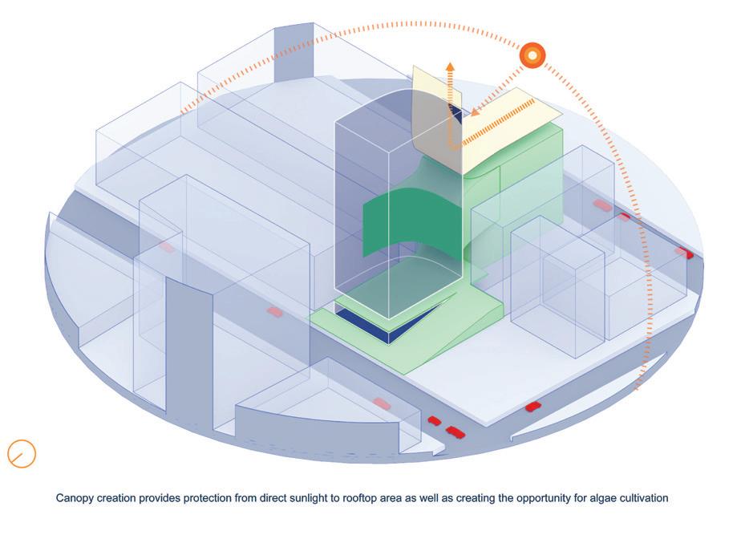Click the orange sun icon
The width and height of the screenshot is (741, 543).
pyautogui.click(x=532, y=55)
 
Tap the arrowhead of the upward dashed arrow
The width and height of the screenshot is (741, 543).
pyautogui.click(x=450, y=67)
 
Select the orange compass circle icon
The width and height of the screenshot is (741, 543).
pyautogui.click(x=22, y=453)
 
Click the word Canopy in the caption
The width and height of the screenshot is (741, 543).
pyautogui.click(x=75, y=498)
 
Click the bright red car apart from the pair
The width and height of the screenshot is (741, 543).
pyautogui.click(x=533, y=407)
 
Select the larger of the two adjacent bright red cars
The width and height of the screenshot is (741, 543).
pyautogui.click(x=455, y=432)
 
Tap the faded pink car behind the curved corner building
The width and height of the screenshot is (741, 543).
pyautogui.click(x=383, y=404)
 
